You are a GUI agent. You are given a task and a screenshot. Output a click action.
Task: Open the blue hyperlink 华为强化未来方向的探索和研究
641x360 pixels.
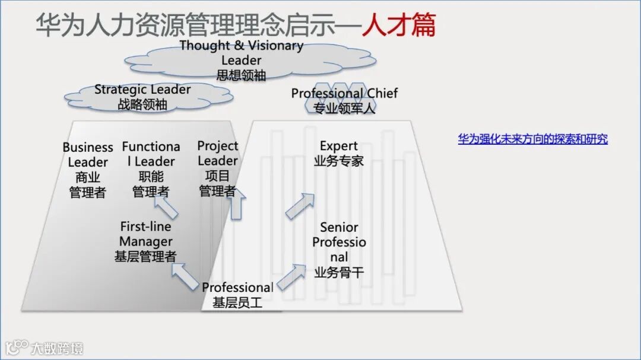tap(532, 139)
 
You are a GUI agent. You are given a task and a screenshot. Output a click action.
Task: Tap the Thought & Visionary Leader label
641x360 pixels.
tap(241, 60)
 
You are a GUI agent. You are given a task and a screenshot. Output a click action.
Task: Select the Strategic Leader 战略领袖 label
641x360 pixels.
tap(142, 97)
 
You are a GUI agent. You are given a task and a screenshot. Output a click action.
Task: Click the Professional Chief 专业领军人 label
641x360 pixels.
tap(344, 100)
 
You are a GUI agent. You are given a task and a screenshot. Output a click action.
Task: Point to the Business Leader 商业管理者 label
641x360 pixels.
tap(88, 170)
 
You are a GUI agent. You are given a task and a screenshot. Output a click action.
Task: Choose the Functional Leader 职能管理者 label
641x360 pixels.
tap(151, 169)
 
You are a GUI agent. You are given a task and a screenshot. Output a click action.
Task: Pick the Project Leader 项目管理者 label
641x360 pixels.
tap(217, 168)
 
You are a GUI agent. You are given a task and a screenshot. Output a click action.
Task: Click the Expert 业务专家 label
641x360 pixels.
tap(339, 153)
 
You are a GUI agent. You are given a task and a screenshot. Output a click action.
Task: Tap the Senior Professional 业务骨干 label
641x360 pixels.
tap(339, 250)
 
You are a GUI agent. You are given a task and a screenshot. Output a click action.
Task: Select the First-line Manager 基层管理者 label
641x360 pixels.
tap(145, 241)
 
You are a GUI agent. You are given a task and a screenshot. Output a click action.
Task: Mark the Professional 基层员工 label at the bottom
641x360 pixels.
tap(237, 295)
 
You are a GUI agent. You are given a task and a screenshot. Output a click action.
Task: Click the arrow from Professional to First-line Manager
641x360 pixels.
tap(185, 276)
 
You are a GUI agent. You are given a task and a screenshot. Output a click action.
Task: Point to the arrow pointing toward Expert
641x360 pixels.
tap(300, 206)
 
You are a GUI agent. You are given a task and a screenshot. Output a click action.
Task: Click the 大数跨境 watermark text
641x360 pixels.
tap(57, 348)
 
